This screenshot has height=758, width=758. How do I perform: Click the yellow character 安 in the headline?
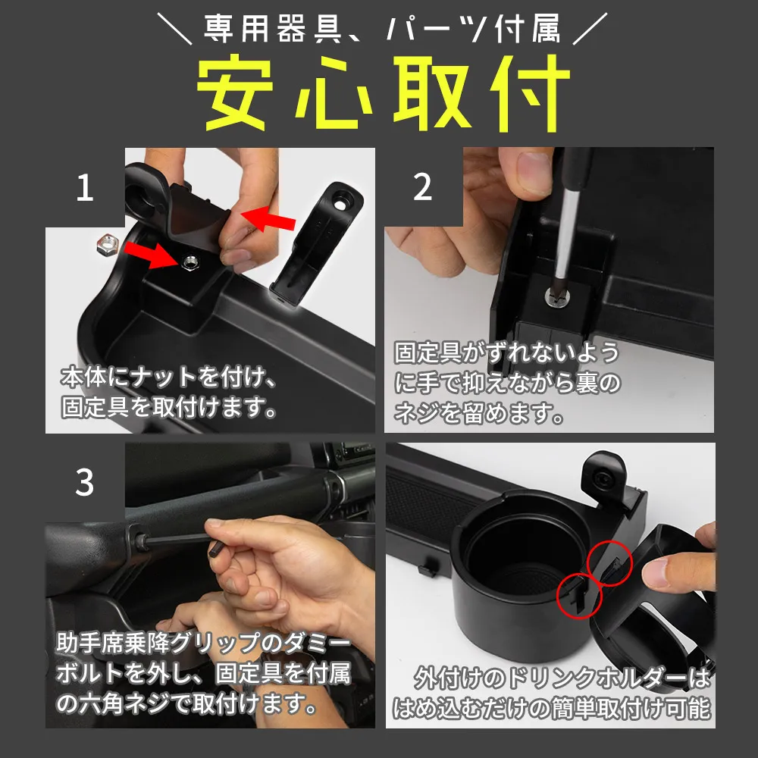coord(236,92)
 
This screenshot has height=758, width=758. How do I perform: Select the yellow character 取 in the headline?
coord(433,92)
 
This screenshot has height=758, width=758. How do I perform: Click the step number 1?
coord(85,187)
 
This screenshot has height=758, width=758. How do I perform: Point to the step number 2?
coord(422,186)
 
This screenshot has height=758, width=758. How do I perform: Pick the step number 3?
coord(85,482)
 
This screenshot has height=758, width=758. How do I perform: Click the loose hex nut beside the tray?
coord(108,245)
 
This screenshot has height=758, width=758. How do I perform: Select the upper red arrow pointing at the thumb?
coord(268,219)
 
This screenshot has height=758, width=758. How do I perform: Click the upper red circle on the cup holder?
coord(609,564)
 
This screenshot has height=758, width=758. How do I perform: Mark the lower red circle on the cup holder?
coord(580,596)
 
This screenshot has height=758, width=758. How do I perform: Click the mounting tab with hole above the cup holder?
coord(604,476)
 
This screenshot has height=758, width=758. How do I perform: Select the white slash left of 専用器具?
coord(174,29)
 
